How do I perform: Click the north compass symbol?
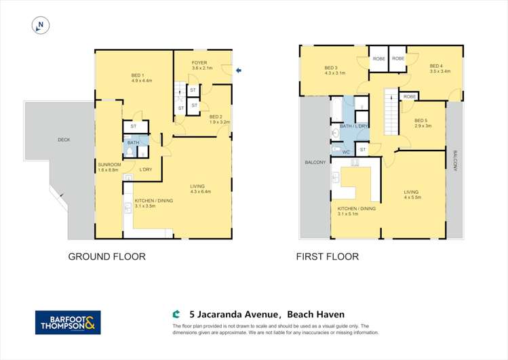click(41, 26)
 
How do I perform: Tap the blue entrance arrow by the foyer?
click(238, 70)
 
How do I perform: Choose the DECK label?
click(64, 140)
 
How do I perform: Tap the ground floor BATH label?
click(133, 142)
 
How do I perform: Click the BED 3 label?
click(330, 68)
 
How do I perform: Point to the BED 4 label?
click(436, 66)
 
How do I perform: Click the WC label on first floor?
click(345, 152)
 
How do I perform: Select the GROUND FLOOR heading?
click(106, 257)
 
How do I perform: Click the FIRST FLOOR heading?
click(327, 257)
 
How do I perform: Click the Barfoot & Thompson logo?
click(68, 322)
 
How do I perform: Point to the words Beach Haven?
click(315, 314)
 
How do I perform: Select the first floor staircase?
click(392, 112)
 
